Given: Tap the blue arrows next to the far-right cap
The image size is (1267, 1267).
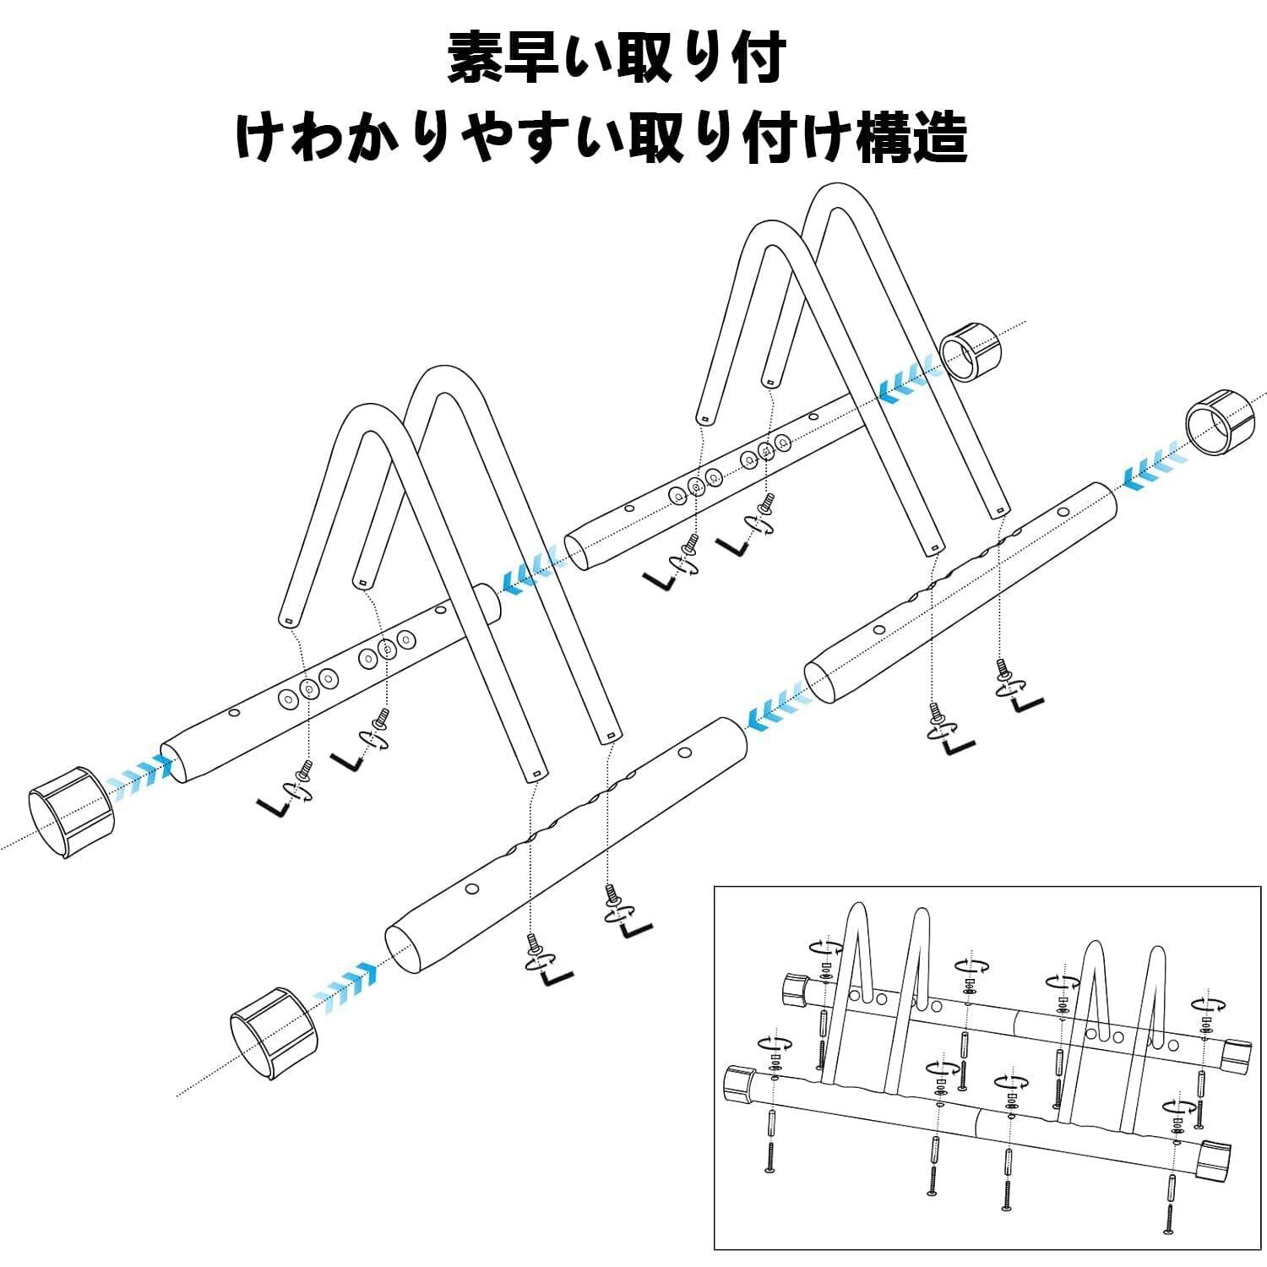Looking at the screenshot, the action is pos(1153,465).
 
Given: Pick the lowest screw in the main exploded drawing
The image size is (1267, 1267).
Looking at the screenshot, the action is pos(534,942).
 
